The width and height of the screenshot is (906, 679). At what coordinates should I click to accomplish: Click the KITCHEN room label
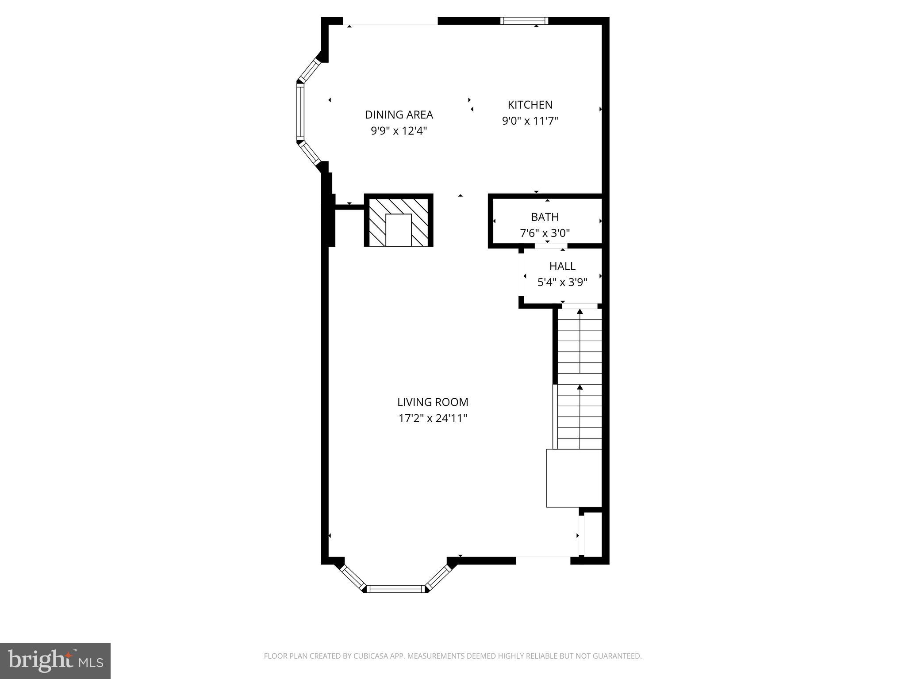tap(530, 105)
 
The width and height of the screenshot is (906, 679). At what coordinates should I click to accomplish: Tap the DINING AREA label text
tap(399, 115)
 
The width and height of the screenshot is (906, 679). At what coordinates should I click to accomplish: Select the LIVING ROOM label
tap(432, 402)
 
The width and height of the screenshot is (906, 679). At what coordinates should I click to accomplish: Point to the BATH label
tap(545, 217)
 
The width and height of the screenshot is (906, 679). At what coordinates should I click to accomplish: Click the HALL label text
tap(562, 266)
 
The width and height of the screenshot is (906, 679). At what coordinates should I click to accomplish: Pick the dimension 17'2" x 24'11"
tap(433, 418)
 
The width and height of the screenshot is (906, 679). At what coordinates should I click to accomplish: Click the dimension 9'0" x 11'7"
tap(530, 121)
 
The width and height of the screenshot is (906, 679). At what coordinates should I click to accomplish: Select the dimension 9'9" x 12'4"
tap(399, 131)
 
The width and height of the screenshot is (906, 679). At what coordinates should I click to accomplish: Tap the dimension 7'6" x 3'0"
tap(545, 233)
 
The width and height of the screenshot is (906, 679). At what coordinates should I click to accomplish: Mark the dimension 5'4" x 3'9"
tap(562, 282)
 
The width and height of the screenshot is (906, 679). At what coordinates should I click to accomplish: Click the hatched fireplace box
tap(399, 220)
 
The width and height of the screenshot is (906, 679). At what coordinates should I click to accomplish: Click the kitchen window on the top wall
tap(524, 20)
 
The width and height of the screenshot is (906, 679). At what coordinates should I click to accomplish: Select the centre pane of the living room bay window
tap(395, 588)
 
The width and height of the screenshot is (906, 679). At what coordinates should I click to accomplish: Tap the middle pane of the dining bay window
tap(300, 111)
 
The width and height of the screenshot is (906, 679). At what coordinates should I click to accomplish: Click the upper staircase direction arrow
tap(580, 312)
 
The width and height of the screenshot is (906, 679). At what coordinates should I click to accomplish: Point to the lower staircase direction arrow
tap(580, 388)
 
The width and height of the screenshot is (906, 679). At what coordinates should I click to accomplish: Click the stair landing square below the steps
tap(574, 478)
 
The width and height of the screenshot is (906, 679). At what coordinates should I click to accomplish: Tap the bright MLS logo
tap(55, 660)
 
